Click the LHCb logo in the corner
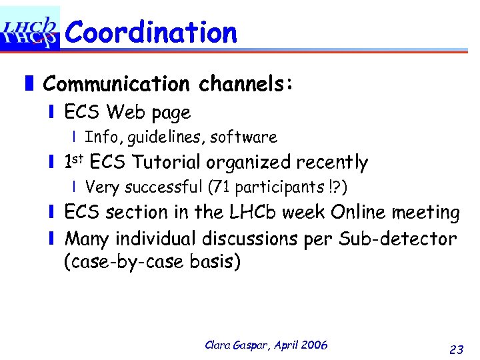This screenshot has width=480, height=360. coord(29,29)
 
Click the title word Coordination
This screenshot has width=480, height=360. coord(151,32)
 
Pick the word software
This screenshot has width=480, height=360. coord(243,137)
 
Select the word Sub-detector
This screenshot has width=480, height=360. coord(400,238)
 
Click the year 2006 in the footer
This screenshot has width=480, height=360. coord(314,345)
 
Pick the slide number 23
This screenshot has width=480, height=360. coord(457,349)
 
